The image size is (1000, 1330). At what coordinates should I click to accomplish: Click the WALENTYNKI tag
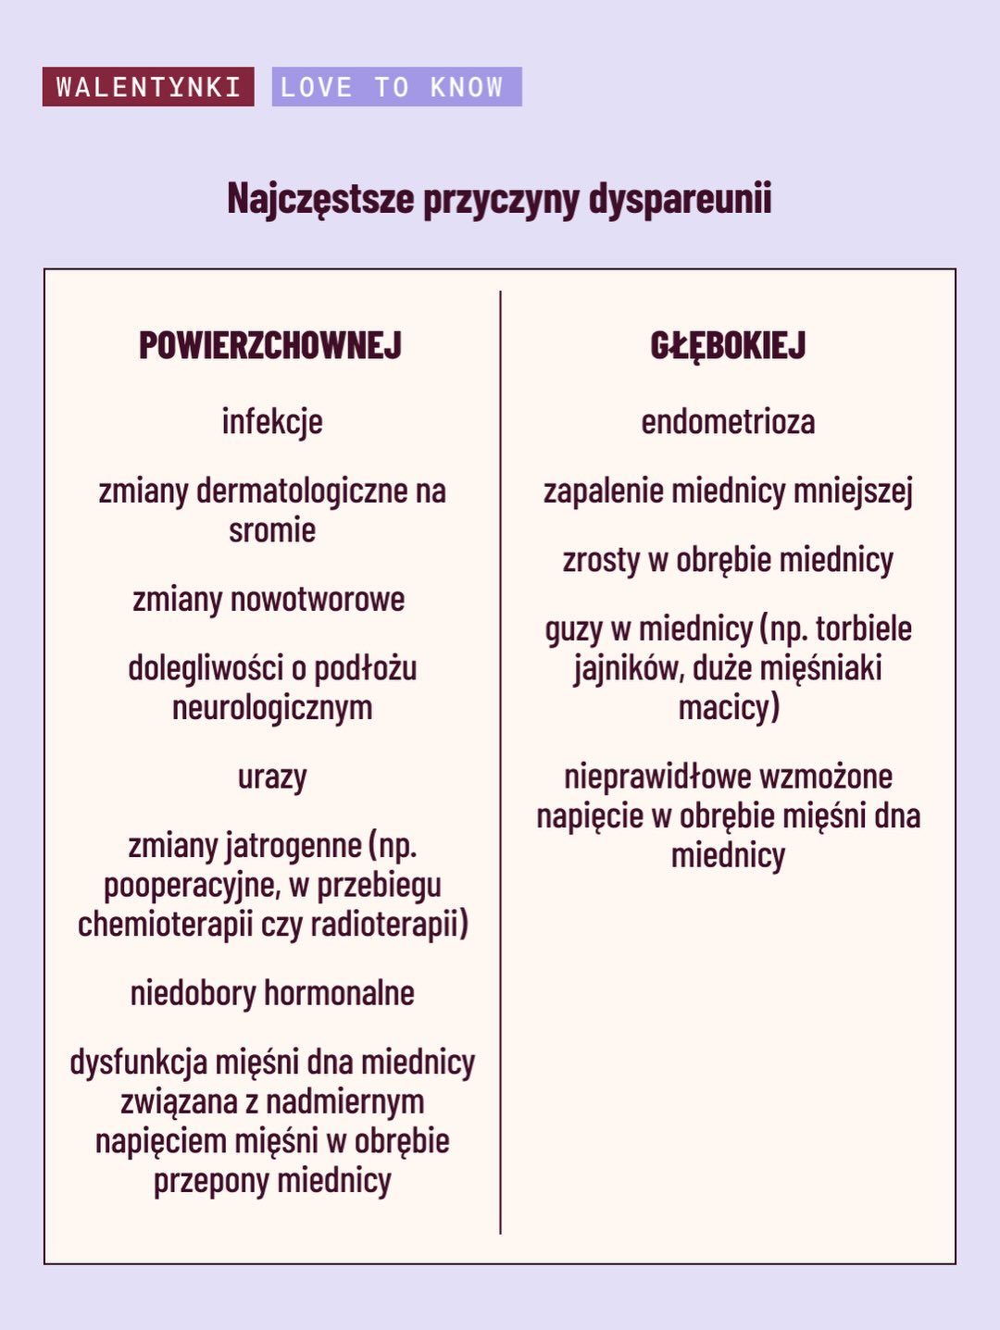(148, 87)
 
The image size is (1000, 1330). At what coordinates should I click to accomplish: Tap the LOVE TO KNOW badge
(396, 87)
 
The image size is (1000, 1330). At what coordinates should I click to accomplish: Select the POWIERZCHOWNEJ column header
(270, 345)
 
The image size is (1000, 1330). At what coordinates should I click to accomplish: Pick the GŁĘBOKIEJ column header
(728, 345)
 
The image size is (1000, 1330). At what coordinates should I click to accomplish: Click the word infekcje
(272, 422)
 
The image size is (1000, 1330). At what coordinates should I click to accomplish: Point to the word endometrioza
(728, 422)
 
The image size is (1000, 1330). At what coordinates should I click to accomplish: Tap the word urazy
(272, 777)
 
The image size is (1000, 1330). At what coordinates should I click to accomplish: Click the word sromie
(272, 530)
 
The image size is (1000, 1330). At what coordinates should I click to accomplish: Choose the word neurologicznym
(272, 708)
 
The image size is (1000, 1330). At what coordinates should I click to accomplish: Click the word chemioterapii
(165, 924)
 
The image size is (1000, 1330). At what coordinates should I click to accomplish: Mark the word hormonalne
(339, 993)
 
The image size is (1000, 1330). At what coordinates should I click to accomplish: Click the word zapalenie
(604, 491)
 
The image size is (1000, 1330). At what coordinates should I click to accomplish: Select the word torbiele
(863, 629)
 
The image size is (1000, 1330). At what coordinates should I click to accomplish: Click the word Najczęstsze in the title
(320, 199)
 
